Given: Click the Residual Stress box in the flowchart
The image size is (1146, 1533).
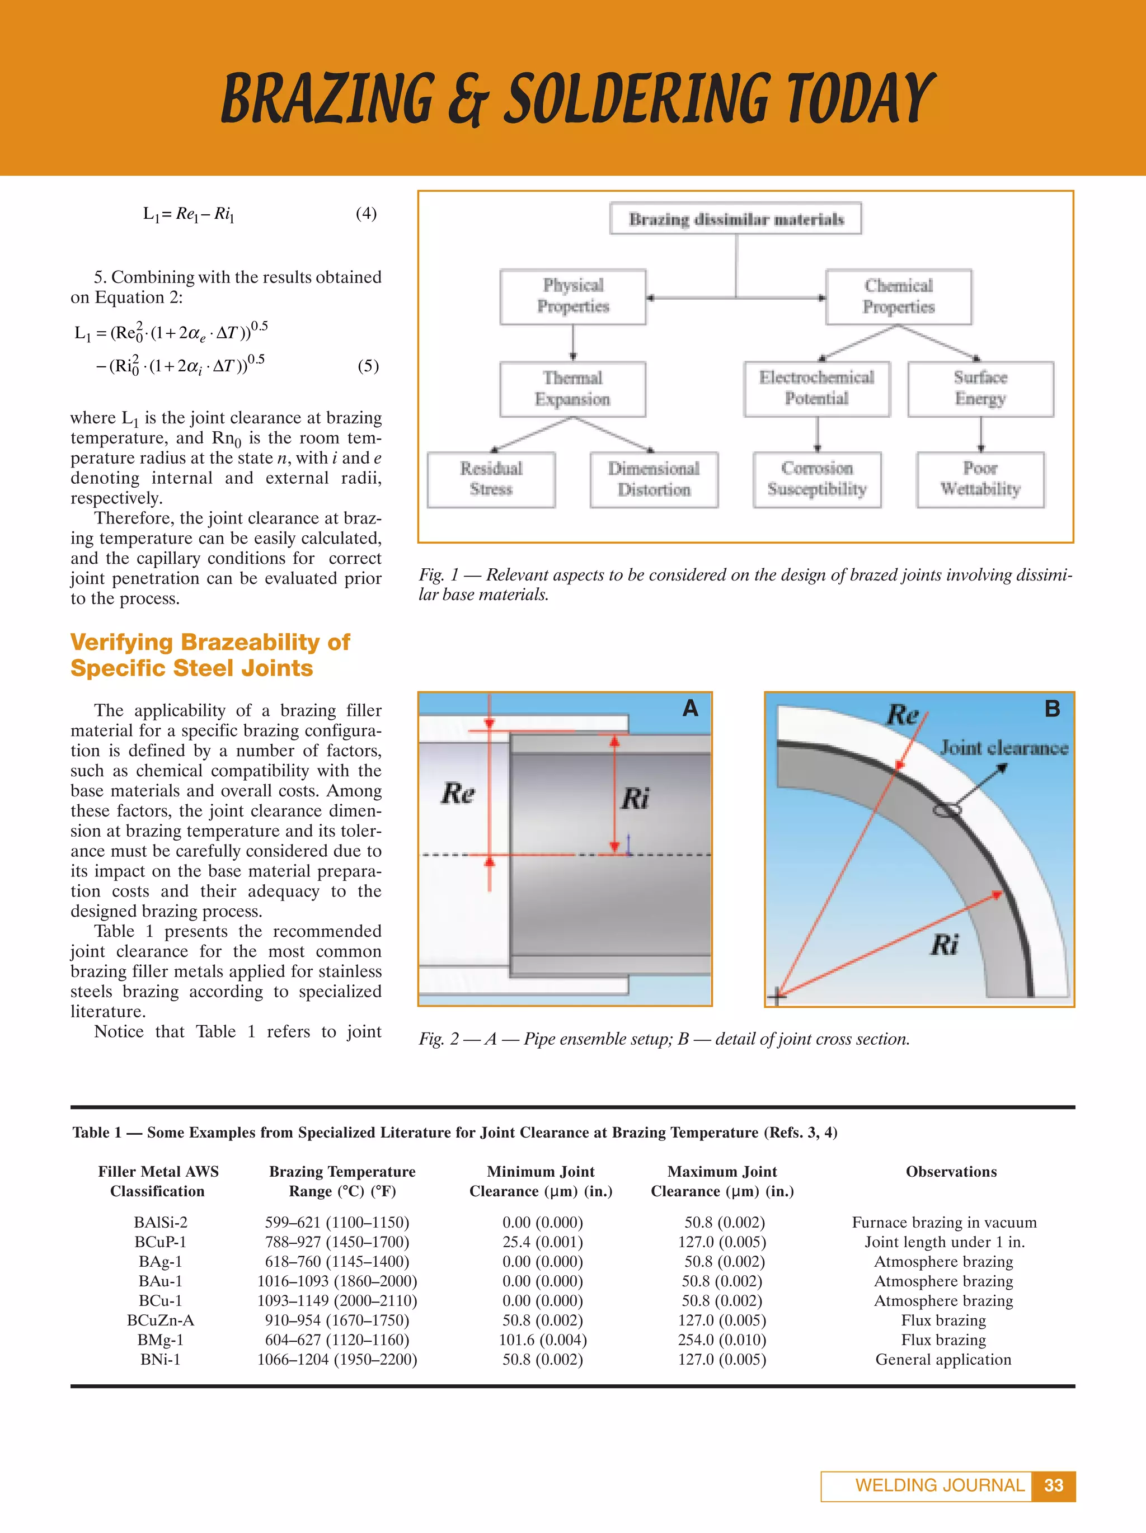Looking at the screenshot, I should coord(491,479).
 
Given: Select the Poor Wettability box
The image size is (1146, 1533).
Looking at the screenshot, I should coord(980,479).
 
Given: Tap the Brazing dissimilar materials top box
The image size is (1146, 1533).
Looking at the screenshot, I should coord(736,219).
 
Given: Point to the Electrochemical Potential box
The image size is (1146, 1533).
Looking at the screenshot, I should coord(816,388).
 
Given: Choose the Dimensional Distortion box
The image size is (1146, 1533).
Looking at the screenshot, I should coord(654,479).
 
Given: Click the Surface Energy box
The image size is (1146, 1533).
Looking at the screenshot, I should coord(980,388).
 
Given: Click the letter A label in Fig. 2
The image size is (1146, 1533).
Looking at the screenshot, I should coord(690,708).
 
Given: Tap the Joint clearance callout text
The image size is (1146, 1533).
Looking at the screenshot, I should coord(1003,748).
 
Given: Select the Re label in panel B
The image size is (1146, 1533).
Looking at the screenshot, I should coord(903,715).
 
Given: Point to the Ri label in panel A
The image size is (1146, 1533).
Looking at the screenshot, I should coord(635,799).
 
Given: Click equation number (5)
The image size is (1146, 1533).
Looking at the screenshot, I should coord(368,365).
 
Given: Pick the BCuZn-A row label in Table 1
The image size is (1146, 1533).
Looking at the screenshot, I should coord(160,1320).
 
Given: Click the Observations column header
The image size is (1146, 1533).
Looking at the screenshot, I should coord(951,1171).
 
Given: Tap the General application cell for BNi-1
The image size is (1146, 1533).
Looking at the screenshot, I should coord(943,1359).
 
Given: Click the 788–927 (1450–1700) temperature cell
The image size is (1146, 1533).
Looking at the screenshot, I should coord(337,1242).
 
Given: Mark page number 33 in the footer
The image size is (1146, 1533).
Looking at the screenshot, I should coord(1053,1485).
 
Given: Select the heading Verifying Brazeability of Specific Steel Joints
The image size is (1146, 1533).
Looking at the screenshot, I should coord(210,655).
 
